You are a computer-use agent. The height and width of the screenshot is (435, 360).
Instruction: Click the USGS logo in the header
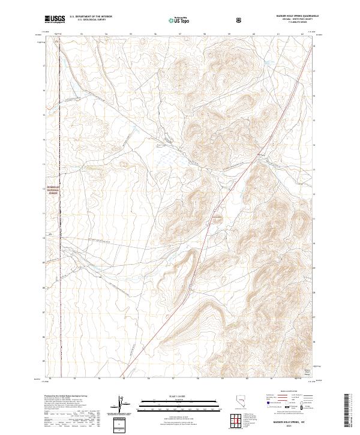(55, 19)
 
